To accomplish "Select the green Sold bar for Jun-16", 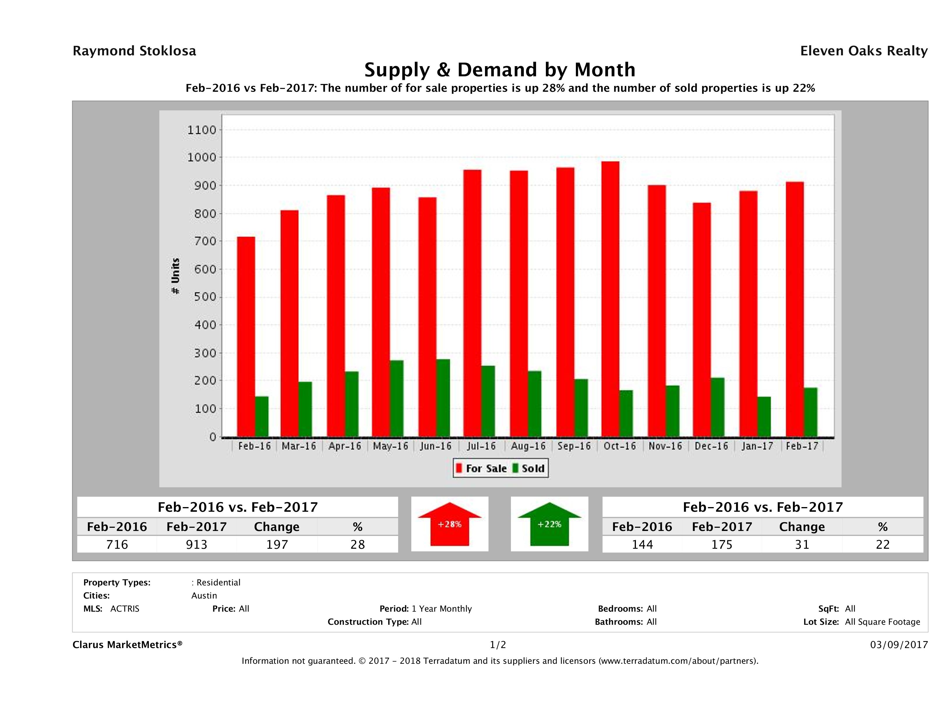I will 443,398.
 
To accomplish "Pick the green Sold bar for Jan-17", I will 764,417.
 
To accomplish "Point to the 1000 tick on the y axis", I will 202,158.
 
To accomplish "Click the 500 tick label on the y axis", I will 202,297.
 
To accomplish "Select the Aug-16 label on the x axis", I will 528,446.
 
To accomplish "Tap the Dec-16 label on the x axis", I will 711,446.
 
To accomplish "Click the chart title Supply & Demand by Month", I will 500,70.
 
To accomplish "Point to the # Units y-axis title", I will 175,276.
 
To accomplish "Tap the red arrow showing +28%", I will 449,524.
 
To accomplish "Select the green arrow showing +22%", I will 549,524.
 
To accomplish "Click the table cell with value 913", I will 196,544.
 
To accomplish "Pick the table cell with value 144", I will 642,544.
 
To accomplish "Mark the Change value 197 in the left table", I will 277,544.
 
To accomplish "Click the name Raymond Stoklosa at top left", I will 134,51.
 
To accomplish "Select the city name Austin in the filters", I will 204,596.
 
